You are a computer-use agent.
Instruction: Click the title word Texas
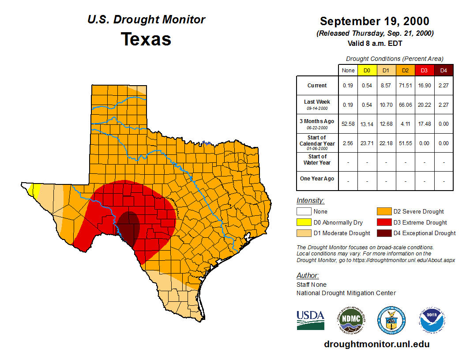tap(146, 39)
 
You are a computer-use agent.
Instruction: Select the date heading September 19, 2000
tap(374, 21)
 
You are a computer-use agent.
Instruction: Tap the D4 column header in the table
tap(443, 70)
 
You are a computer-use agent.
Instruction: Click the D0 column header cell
tap(367, 70)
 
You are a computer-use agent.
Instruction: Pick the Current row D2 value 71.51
tap(405, 86)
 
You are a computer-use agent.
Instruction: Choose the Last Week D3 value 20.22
tap(424, 105)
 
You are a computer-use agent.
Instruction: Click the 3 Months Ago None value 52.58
tap(348, 124)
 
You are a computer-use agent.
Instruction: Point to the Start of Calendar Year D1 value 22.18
tap(386, 143)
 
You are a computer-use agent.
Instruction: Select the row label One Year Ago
tap(317, 179)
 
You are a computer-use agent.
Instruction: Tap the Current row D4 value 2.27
tap(443, 86)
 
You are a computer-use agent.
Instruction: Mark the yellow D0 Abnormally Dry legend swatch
tap(304, 222)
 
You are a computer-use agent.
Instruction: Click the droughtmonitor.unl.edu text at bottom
tap(376, 344)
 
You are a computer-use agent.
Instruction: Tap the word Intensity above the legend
tap(310, 201)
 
